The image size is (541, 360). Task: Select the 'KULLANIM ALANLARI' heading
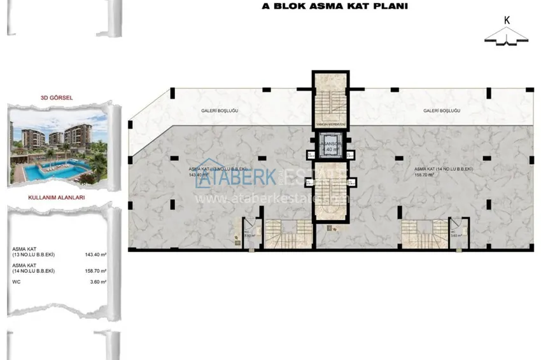(57, 198)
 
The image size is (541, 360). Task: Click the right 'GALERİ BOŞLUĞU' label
(442, 111)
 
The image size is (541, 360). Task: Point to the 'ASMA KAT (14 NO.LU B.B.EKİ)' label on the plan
(442, 169)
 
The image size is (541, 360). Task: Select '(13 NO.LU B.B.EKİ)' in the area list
(33, 254)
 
